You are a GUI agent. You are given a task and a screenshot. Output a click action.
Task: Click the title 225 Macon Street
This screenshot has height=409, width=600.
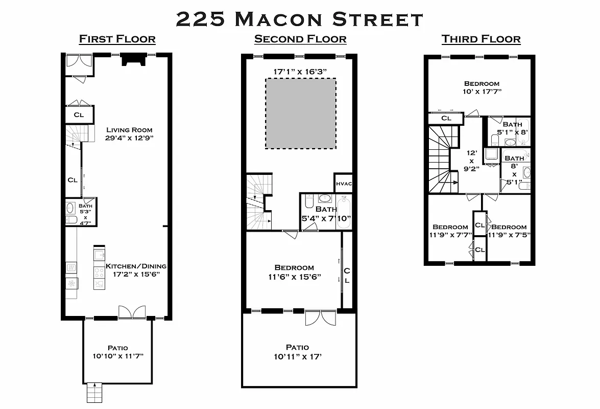tap(300, 19)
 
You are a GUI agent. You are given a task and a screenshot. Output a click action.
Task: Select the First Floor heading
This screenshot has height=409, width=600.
tap(117, 39)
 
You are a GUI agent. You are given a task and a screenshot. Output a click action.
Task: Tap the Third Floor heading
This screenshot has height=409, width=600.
tap(481, 39)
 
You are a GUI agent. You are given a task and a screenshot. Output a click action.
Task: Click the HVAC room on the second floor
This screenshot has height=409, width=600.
tap(344, 184)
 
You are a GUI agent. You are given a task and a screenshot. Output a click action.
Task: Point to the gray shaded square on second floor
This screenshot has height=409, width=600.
tap(300, 113)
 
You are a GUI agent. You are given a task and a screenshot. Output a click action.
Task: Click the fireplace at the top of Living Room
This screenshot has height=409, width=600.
tap(132, 61)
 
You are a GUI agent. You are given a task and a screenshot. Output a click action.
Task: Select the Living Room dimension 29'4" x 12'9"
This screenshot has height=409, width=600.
tap(129, 138)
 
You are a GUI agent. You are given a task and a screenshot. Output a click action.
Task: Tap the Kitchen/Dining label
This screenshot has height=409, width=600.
tap(136, 266)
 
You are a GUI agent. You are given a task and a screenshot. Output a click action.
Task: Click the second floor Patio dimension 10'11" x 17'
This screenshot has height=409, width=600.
tap(298, 356)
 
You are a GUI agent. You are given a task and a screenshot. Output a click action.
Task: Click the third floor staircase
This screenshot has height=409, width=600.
tap(440, 158)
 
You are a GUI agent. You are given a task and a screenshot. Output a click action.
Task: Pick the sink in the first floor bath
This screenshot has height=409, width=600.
tap(70, 208)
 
